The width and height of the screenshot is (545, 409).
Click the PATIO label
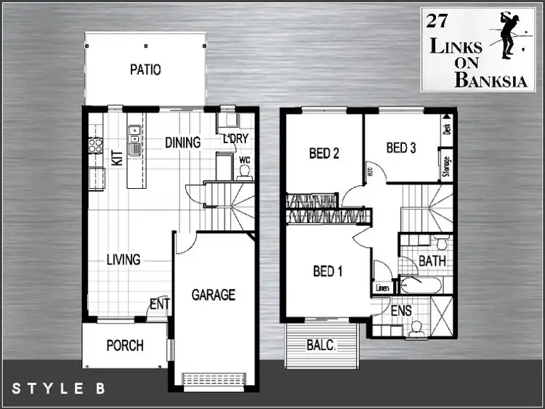click(x=145, y=70)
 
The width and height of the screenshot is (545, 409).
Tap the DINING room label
click(x=182, y=142)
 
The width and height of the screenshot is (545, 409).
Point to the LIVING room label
click(x=123, y=259)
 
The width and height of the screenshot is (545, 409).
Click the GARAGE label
click(x=213, y=295)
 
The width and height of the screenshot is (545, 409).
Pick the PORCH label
click(x=125, y=346)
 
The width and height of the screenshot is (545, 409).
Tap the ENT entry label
click(x=160, y=303)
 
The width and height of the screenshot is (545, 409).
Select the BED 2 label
click(x=324, y=153)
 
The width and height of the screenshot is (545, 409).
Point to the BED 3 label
click(x=400, y=148)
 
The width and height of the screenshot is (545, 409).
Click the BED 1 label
click(x=328, y=272)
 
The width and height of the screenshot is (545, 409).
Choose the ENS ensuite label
click(x=401, y=311)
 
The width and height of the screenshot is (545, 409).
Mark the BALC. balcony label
click(x=320, y=347)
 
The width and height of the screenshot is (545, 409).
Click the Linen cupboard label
click(x=382, y=288)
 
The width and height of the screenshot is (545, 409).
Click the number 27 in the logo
click(x=437, y=21)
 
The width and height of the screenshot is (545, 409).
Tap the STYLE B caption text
click(x=58, y=389)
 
